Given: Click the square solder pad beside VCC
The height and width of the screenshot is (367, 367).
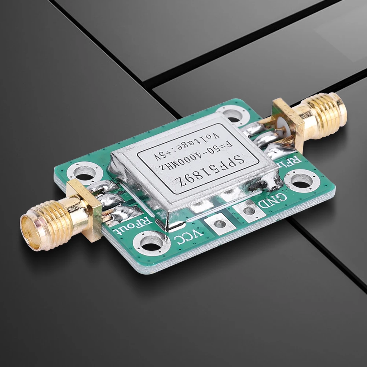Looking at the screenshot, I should pyautogui.click(x=220, y=223).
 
